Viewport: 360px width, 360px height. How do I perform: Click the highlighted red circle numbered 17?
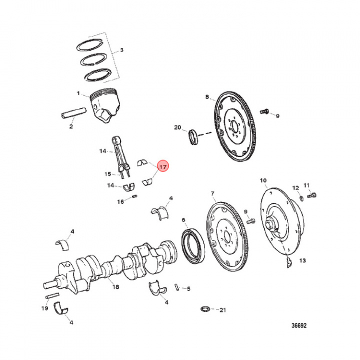[x=163, y=166]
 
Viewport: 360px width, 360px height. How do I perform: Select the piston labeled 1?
[x=105, y=103]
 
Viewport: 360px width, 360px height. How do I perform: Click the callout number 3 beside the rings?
[x=121, y=51]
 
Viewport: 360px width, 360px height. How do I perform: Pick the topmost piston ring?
[x=90, y=44]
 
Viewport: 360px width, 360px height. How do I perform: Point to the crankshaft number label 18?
[x=115, y=287]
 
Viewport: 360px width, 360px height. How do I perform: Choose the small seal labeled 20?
[x=192, y=136]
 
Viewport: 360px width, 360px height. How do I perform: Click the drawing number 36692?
[x=298, y=325]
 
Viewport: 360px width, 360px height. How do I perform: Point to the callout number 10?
[x=263, y=180]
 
